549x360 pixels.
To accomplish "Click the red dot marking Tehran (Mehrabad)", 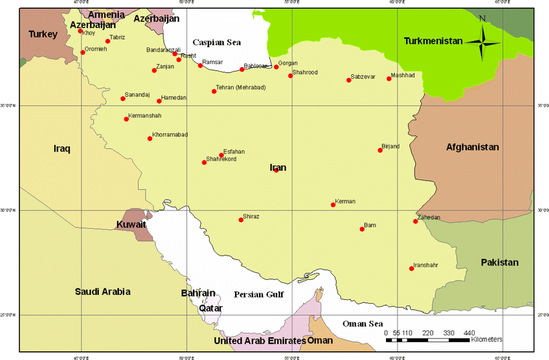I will click(x=214, y=92).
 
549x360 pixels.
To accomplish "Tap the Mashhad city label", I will click(x=403, y=75).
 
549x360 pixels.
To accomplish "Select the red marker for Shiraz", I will click(x=241, y=220).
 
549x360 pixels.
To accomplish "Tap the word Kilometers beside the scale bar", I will click(x=486, y=340).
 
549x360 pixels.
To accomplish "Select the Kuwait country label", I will click(x=131, y=224).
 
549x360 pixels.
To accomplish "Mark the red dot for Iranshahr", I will click(x=411, y=268).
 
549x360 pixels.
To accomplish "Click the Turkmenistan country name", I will click(x=433, y=41).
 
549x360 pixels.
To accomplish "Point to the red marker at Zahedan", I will click(x=415, y=221).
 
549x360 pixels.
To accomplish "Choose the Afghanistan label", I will click(x=472, y=147).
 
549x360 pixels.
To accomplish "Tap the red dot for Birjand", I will click(x=380, y=150).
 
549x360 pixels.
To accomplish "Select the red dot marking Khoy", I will click(x=80, y=31).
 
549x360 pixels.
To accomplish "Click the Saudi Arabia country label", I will click(x=103, y=291).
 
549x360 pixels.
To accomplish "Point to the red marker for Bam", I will click(x=362, y=229).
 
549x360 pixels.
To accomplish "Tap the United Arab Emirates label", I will click(x=259, y=341).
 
